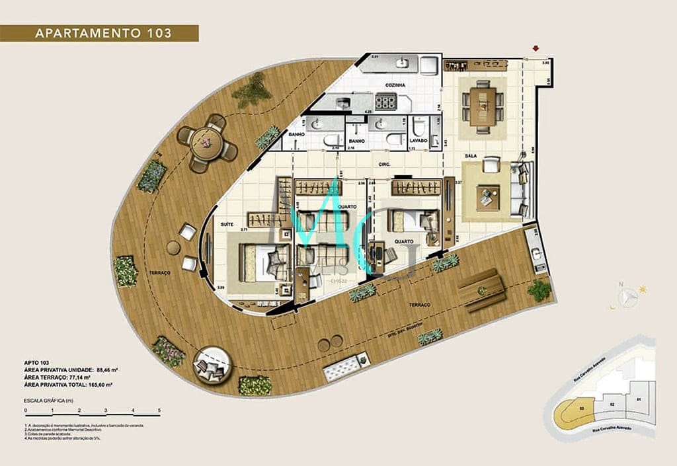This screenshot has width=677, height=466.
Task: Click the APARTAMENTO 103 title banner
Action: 99,33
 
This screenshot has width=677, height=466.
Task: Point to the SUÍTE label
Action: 227,225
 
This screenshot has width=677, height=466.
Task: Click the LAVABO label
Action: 418,141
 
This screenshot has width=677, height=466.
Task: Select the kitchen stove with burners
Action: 385,102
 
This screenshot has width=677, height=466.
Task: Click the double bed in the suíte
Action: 259,262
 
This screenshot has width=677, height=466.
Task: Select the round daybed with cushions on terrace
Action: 213,363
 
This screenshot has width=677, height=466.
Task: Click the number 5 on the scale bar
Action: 159,410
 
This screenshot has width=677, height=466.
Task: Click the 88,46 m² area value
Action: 105,369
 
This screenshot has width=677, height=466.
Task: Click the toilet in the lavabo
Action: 418,126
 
